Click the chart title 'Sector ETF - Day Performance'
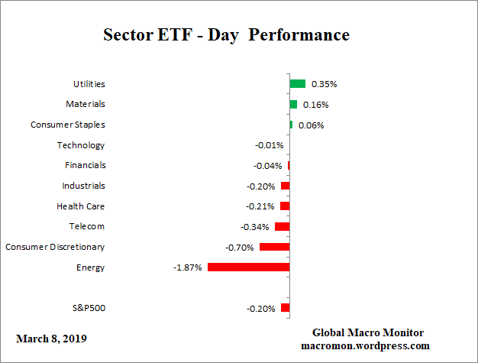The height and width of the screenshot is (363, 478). (x=226, y=35)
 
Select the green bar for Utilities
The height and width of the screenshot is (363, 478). (x=297, y=84)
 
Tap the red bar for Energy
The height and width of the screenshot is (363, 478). (x=248, y=267)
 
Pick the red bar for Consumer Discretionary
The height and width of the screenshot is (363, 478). (x=274, y=247)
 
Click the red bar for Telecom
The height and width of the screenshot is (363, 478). (x=282, y=226)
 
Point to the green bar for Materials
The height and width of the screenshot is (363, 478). (x=293, y=104)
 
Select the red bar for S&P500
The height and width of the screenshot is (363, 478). (x=285, y=308)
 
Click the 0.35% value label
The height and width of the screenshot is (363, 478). (x=324, y=84)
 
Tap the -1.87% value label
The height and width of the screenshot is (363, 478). (x=188, y=267)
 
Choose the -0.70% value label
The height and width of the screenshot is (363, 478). (x=240, y=247)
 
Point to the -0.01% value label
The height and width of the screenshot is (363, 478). (x=269, y=145)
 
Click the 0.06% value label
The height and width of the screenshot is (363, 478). (x=311, y=125)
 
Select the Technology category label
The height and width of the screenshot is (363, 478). (x=81, y=145)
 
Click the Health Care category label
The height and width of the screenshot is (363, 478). (x=81, y=206)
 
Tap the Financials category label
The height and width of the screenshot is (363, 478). (x=84, y=165)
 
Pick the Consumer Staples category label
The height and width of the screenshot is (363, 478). (x=68, y=125)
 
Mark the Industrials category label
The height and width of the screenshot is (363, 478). (x=83, y=186)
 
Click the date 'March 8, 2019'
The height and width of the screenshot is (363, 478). (x=51, y=338)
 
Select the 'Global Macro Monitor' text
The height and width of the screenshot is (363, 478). (x=368, y=332)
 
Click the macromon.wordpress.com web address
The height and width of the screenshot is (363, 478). (x=368, y=345)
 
